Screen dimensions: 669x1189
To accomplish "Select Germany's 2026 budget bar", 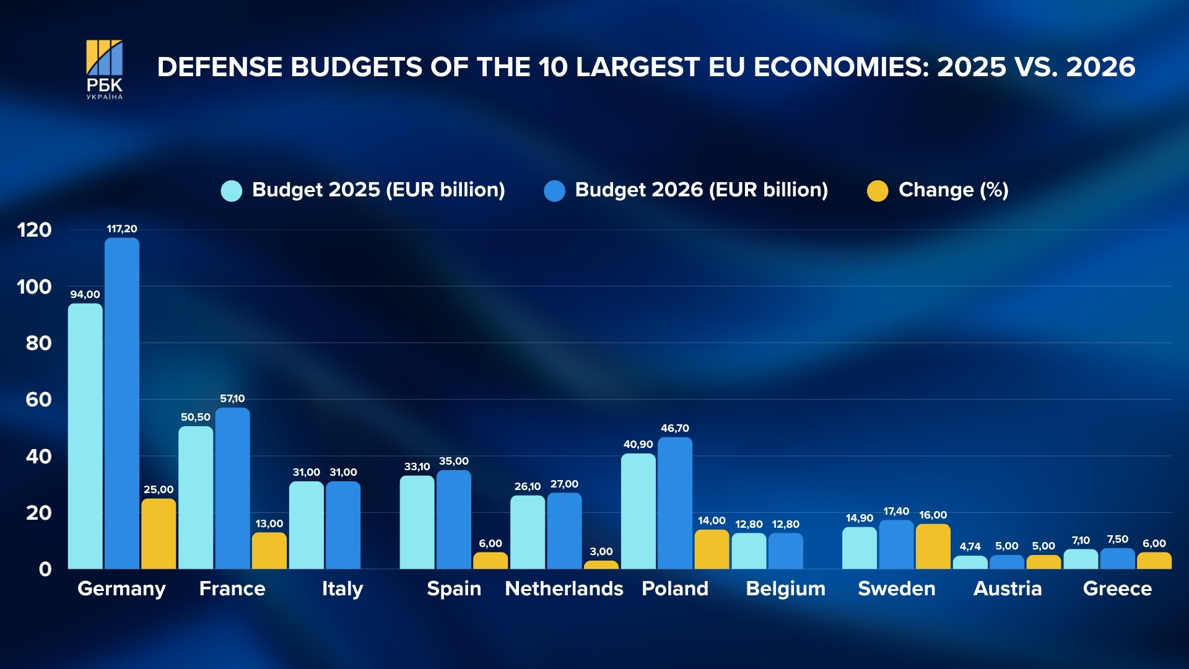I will (x=122, y=403).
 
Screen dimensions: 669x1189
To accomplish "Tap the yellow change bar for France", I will (x=269, y=551).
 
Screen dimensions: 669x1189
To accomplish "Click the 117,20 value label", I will (x=122, y=229).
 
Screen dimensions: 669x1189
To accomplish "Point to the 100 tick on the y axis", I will (x=34, y=287).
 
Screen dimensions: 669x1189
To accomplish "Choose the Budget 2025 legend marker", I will (x=232, y=191).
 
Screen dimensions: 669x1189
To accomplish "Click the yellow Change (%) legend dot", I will (x=878, y=191).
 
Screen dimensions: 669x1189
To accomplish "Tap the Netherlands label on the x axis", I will (x=564, y=588).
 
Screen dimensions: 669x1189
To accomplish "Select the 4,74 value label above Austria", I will (x=970, y=546).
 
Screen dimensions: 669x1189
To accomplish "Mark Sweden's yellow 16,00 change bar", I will (x=933, y=546).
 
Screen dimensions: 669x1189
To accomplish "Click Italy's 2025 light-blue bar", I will (x=306, y=525).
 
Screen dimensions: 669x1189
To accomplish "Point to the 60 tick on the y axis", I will (x=38, y=400).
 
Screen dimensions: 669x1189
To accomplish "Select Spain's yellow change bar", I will (x=490, y=561).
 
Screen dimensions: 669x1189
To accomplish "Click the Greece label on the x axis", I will (x=1117, y=588).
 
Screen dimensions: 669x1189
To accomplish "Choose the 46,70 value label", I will (x=675, y=428).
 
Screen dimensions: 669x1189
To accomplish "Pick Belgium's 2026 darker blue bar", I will (x=785, y=551).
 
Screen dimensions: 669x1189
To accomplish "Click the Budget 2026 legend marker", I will (x=554, y=191).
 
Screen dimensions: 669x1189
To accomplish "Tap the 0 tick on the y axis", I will (x=45, y=569).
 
